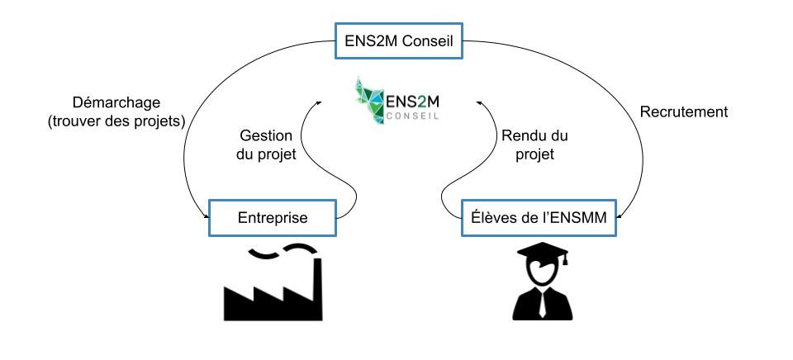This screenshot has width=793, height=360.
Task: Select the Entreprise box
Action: pyautogui.click(x=273, y=218)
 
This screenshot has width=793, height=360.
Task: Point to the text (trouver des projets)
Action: pyautogui.click(x=115, y=121)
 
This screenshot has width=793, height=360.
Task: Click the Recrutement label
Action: pyautogui.click(x=685, y=111)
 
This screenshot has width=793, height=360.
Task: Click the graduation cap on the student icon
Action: pyautogui.click(x=541, y=254)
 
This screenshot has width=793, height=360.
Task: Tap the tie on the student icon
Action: pyautogui.click(x=541, y=306)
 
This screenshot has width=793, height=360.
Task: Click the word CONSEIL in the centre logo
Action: pyautogui.click(x=411, y=116)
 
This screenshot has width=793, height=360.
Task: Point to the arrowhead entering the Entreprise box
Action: pyautogui.click(x=205, y=216)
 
